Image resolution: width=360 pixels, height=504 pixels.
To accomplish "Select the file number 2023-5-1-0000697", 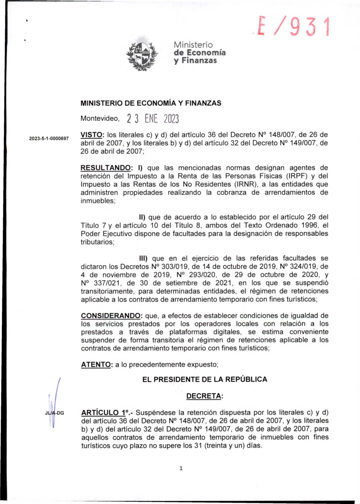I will pos(49,138).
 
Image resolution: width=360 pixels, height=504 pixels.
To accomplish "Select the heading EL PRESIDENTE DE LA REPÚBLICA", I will pos(205,380).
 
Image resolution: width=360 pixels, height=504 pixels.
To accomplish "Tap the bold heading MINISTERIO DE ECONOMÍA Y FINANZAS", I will pos(151,103).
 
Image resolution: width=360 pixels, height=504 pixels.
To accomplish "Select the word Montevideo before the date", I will pos(100,119).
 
